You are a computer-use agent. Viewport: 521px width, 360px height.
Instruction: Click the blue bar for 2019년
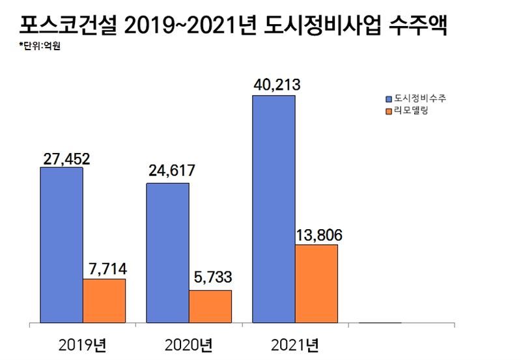[x=61, y=245]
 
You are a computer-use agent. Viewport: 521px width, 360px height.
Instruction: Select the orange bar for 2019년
[x=104, y=301]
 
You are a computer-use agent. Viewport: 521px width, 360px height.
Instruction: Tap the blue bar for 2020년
[x=167, y=253]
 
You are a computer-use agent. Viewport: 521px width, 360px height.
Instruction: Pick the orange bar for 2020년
[x=210, y=306]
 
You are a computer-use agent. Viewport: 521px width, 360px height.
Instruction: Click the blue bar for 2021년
[x=274, y=208]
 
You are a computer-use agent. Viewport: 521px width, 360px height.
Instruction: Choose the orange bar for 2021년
[x=317, y=283]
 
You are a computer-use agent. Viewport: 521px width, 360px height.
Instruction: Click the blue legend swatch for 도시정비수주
[x=388, y=99]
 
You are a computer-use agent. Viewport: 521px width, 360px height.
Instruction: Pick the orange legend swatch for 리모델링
[x=388, y=112]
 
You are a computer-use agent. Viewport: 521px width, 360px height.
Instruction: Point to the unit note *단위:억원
[x=40, y=46]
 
